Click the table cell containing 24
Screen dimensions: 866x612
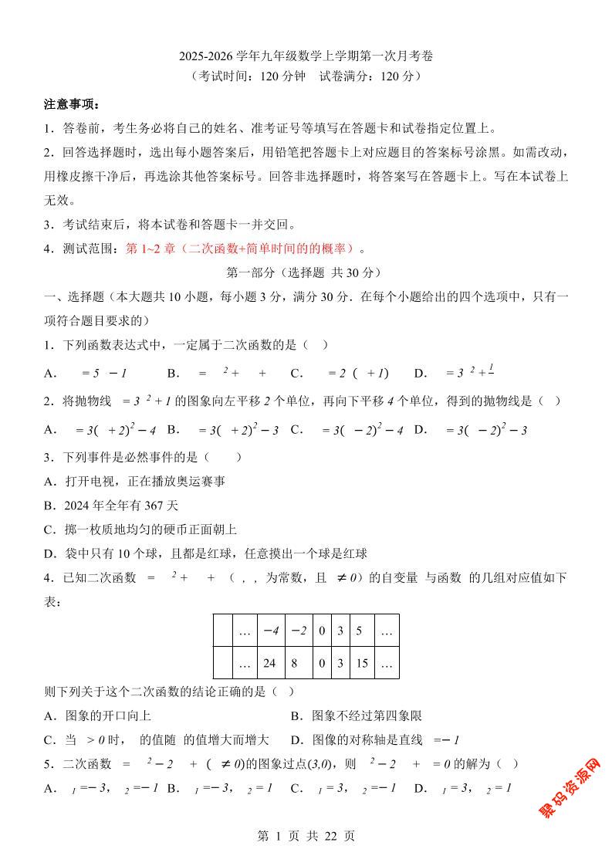pyautogui.click(x=269, y=662)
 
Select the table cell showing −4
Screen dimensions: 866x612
pyautogui.click(x=269, y=631)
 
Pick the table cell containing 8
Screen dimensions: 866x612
pyautogui.click(x=297, y=662)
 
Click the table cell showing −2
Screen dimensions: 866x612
pyautogui.click(x=297, y=631)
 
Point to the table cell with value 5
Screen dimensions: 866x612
pyautogui.click(x=359, y=631)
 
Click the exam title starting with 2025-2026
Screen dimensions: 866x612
pyautogui.click(x=306, y=56)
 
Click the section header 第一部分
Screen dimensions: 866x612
pyautogui.click(x=306, y=272)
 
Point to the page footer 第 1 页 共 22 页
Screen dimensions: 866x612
pyautogui.click(x=306, y=835)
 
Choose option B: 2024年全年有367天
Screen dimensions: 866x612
pyautogui.click(x=111, y=506)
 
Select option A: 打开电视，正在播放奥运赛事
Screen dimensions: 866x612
pyautogui.click(x=134, y=482)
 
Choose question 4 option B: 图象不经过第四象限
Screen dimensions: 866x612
pyautogui.click(x=356, y=715)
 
